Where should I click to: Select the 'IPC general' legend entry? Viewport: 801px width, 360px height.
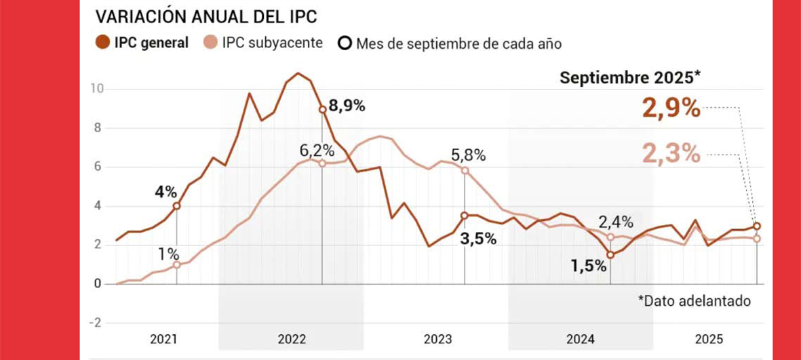[142, 43]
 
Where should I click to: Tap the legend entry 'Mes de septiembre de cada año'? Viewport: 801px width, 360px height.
[450, 43]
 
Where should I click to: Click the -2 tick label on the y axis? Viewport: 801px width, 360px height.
[96, 323]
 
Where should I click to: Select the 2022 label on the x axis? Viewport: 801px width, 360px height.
[292, 339]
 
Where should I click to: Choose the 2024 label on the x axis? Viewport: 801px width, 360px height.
[581, 339]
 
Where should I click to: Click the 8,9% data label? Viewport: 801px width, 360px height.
[347, 106]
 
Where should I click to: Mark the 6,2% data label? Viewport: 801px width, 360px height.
[317, 150]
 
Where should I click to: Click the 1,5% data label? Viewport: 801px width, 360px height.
[588, 266]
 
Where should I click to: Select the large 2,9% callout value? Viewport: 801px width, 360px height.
[671, 108]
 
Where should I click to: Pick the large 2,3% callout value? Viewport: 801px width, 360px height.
[671, 155]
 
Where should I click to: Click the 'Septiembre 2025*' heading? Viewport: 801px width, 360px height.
[629, 78]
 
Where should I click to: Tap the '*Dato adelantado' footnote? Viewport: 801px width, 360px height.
[694, 301]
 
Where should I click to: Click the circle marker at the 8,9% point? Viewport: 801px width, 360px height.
[322, 110]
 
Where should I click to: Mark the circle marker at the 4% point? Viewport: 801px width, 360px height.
[176, 206]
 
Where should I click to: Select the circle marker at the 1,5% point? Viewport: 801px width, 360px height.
[610, 254]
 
